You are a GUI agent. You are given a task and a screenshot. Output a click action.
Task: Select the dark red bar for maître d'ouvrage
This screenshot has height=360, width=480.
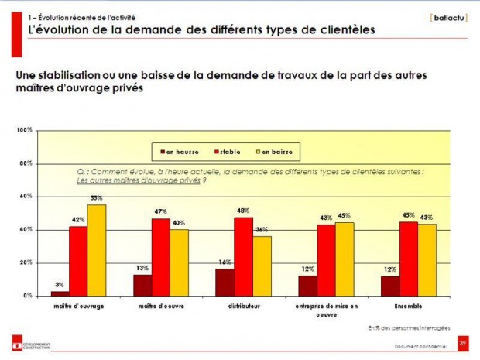(x=60, y=293)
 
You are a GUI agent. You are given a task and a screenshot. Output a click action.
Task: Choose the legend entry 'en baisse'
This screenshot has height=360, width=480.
(x=276, y=152)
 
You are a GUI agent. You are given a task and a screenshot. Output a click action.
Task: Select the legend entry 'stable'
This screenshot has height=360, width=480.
(x=229, y=152)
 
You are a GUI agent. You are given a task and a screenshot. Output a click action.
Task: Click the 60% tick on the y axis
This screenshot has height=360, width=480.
(x=26, y=197)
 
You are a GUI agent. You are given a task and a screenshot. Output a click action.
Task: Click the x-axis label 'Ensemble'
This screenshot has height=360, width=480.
(x=407, y=306)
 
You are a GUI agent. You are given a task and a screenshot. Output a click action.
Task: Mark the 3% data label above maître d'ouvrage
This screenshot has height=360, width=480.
(x=59, y=286)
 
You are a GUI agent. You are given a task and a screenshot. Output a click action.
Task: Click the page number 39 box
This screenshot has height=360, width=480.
(x=463, y=341)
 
